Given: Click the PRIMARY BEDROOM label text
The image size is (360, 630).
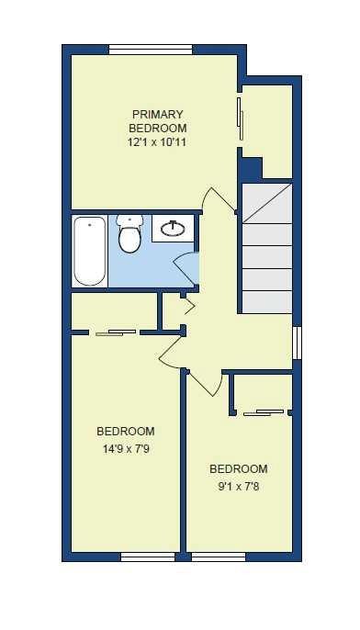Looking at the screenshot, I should (158, 121).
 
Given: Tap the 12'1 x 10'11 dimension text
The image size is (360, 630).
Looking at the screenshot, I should (158, 143).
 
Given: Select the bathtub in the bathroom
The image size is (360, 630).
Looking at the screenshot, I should (89, 251).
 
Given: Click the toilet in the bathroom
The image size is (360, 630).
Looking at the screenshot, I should (129, 235).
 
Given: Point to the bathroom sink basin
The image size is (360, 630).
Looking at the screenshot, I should (173, 228).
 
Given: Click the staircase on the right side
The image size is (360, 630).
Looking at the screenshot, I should (266, 248).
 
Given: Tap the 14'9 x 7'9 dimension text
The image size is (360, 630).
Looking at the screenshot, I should (125, 449).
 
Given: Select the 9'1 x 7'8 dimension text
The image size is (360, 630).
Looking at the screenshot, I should (238, 487).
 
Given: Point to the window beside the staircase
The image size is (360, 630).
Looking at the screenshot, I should (296, 342).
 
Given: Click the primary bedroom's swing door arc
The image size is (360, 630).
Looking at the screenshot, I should (219, 200).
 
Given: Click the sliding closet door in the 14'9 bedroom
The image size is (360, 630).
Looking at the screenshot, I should (116, 332).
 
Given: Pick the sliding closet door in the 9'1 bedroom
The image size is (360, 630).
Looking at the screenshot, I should (264, 412).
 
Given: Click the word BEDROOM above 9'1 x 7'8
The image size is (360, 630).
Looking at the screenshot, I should (238, 468).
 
